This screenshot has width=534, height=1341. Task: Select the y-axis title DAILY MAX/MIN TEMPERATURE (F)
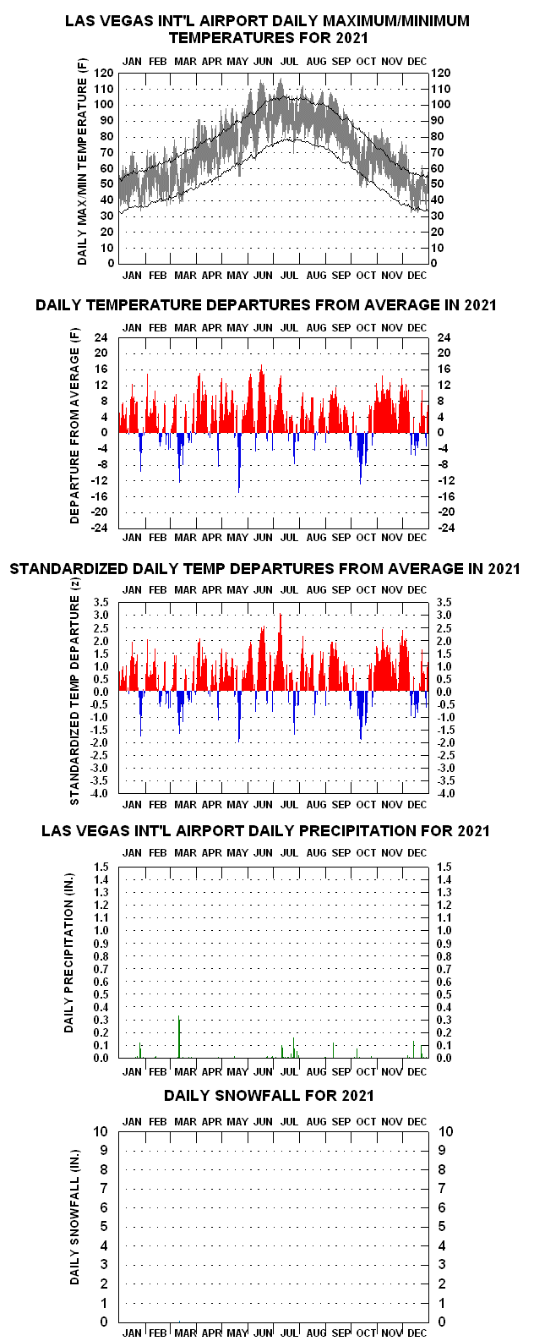83,161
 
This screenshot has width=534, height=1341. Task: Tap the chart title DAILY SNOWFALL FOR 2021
269,1096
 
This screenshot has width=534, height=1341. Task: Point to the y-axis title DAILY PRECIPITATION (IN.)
69,952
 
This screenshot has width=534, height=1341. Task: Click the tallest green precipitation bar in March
179,1037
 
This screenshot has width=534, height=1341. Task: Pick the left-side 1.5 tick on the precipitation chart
101,867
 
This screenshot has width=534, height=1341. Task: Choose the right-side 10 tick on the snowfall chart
446,1131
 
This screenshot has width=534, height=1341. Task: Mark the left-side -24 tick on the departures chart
99,528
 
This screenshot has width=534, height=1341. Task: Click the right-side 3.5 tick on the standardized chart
444,602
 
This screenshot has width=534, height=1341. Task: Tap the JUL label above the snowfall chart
290,1121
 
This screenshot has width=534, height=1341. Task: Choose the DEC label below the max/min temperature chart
417,276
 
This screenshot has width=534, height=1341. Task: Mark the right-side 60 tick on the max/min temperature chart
438,168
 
